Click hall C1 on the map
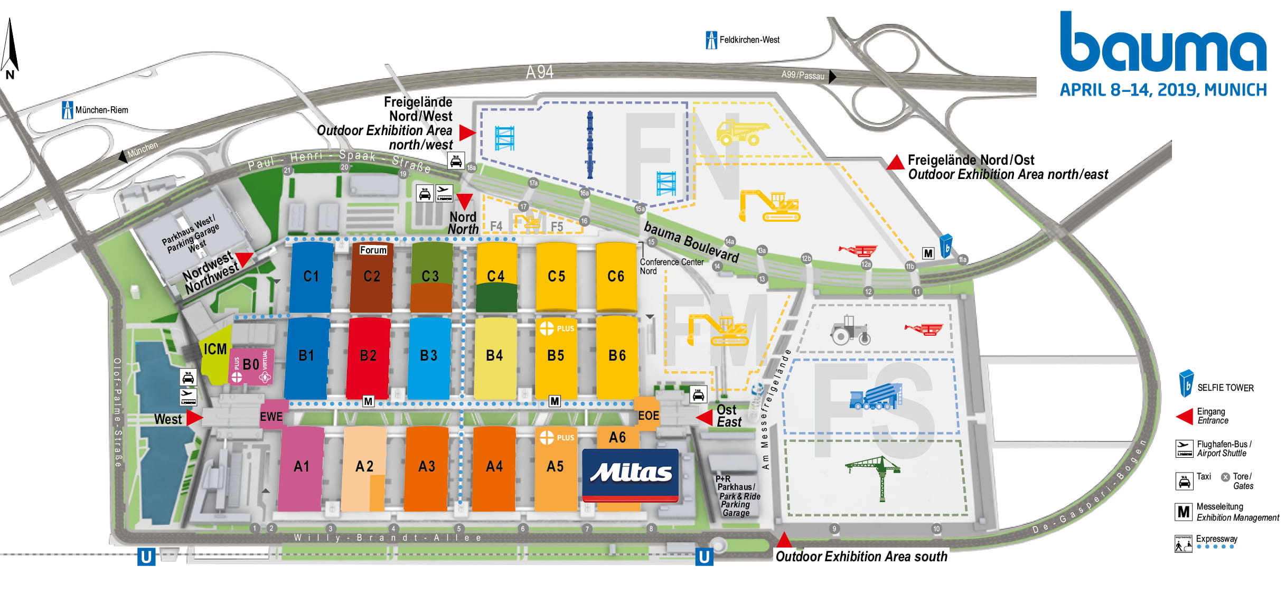311,276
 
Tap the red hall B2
368,355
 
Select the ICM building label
215,349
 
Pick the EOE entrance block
648,416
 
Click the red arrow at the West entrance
194,418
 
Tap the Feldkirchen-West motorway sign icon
711,40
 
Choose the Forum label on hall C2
373,250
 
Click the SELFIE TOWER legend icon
1186,383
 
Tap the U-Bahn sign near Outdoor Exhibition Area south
703,557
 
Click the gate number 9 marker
834,529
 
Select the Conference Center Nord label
671,266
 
